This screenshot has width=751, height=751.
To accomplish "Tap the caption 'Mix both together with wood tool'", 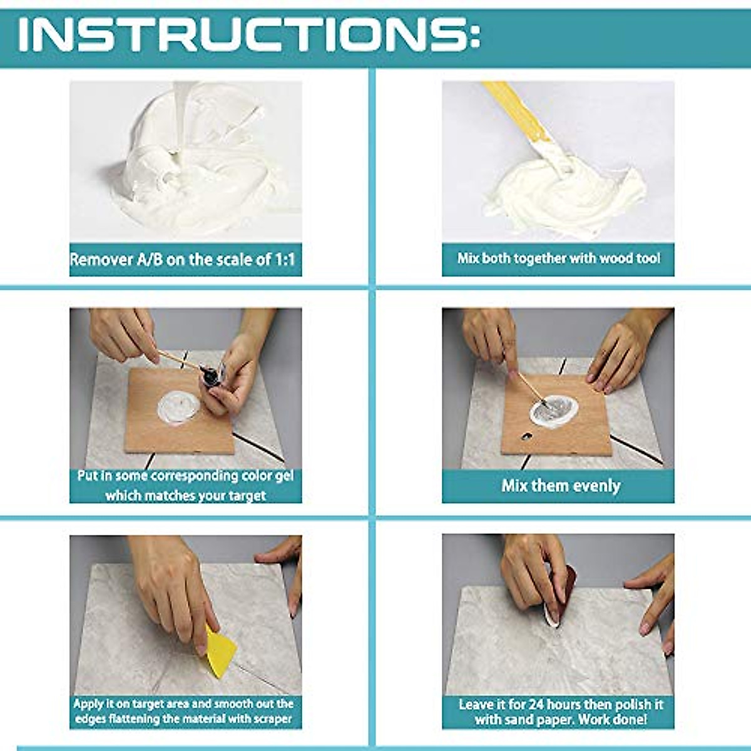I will click(x=558, y=258).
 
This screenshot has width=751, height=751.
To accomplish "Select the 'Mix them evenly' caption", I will click(x=561, y=486).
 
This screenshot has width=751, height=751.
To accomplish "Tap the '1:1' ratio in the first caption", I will click(x=284, y=260).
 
